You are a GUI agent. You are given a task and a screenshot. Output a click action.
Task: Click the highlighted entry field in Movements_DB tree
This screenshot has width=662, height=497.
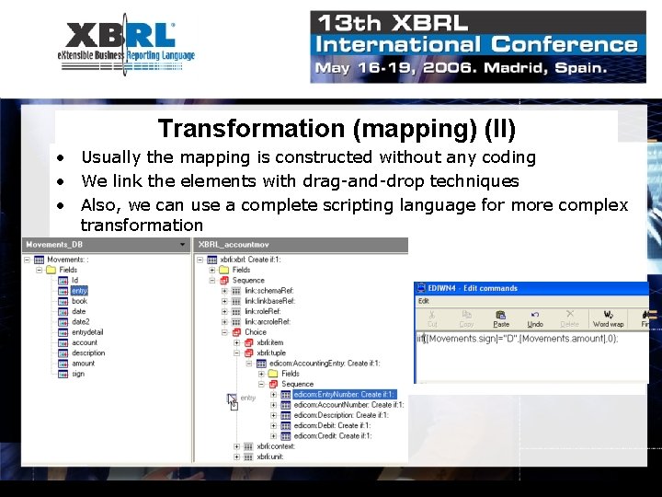point(79,291)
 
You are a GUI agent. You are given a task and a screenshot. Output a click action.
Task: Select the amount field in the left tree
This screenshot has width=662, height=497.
point(83,364)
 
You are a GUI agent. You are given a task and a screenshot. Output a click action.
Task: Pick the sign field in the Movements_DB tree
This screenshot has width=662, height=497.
point(78,374)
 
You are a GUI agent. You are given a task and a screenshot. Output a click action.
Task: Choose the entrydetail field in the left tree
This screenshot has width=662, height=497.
point(87,332)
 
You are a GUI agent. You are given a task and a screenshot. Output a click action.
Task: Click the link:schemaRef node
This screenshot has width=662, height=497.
point(269,290)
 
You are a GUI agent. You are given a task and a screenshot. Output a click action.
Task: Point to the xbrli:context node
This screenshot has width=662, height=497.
point(276,446)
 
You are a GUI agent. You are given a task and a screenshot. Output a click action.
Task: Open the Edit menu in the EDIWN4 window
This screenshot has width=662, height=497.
point(424,301)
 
